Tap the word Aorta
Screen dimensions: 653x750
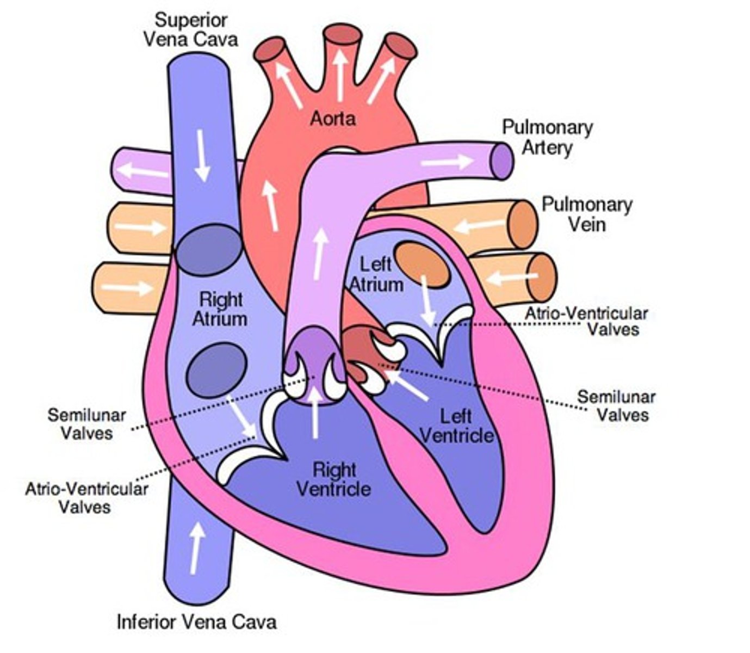click(x=333, y=118)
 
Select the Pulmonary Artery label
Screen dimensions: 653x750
click(x=547, y=137)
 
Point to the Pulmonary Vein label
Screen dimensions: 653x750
click(x=587, y=214)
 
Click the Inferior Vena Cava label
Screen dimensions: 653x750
click(x=196, y=621)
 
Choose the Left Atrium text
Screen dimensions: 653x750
click(x=376, y=274)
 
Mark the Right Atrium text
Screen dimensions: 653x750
click(x=220, y=309)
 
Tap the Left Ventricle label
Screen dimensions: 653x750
click(x=457, y=426)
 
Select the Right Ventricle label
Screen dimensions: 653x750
click(x=334, y=479)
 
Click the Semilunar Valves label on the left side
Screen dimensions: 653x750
click(x=87, y=424)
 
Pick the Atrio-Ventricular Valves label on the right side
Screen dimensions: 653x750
click(x=586, y=321)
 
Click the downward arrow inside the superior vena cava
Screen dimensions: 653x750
click(x=202, y=156)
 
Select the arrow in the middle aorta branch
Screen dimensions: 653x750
click(x=340, y=75)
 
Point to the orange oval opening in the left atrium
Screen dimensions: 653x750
click(x=422, y=265)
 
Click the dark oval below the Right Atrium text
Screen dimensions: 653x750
click(x=216, y=369)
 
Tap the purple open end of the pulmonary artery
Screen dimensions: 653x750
click(x=501, y=161)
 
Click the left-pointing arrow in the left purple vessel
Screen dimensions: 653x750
click(x=142, y=171)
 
